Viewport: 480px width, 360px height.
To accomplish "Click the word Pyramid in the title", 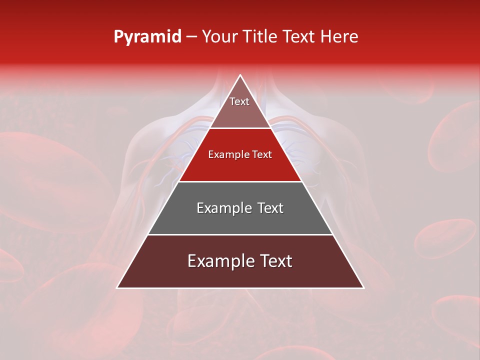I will coord(147,37).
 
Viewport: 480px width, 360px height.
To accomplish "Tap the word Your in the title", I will coord(219,36).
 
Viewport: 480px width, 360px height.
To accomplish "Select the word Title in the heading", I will coord(260,36).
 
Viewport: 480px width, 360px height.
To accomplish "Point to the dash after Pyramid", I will coord(191,37).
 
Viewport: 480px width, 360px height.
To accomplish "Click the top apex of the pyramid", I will coord(240,75).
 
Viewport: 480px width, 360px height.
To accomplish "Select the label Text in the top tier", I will coord(239,101).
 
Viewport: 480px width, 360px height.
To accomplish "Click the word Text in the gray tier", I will coord(269,208).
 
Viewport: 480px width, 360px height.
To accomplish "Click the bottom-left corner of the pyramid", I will coord(117,287).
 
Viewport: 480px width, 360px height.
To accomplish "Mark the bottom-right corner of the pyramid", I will coord(363,287).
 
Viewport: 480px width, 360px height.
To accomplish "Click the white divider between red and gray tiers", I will coord(240,181).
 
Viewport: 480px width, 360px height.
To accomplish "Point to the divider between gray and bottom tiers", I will coord(240,234).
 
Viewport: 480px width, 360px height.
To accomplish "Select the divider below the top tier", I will coord(240,128).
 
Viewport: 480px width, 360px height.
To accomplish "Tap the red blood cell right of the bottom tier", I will coord(445,238).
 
